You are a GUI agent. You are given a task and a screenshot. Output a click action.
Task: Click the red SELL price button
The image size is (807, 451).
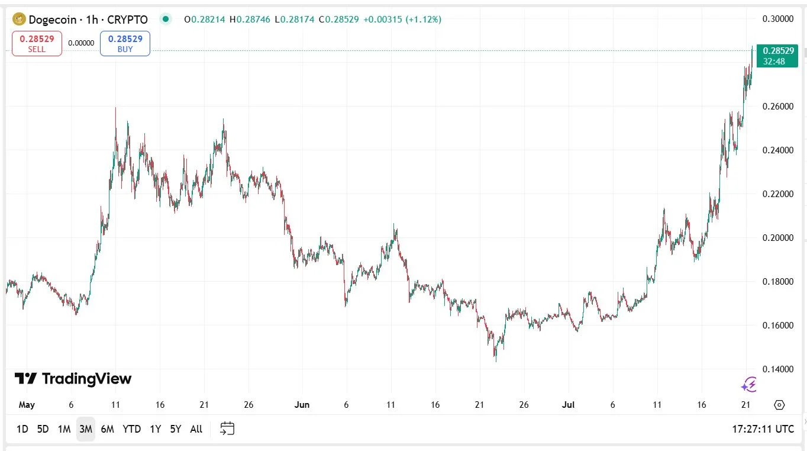[x=37, y=44]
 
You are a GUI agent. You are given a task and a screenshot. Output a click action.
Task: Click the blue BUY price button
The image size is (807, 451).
[x=125, y=44]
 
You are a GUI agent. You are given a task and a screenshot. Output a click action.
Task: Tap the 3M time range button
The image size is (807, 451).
[x=85, y=429]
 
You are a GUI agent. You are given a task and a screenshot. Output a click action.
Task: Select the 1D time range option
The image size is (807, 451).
[x=22, y=429]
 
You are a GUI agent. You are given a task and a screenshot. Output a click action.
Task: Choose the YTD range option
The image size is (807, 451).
[x=131, y=429]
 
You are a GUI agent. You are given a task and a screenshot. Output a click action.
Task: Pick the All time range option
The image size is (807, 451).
[x=196, y=429]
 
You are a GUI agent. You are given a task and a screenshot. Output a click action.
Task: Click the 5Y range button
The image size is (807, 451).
[x=176, y=429]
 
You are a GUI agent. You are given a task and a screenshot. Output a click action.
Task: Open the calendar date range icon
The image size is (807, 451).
[x=227, y=429]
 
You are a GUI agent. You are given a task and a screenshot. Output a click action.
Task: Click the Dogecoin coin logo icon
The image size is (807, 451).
[x=19, y=20]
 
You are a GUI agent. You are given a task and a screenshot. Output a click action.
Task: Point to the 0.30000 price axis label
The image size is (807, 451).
[x=777, y=19]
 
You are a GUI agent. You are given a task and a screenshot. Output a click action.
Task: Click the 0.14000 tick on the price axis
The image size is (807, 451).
[x=777, y=369]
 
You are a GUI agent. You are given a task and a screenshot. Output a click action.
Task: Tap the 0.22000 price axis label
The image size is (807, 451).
[x=777, y=194]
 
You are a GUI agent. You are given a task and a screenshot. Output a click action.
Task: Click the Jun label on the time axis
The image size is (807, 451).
[x=302, y=405]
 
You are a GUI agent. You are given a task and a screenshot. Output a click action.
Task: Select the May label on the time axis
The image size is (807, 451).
[x=27, y=405]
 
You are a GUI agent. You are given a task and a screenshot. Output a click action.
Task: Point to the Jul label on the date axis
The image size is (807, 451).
[x=568, y=405]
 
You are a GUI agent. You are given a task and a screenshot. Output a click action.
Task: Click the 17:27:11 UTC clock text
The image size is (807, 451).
[x=763, y=429]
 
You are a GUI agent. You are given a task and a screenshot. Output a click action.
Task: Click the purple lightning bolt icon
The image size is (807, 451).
[x=749, y=385]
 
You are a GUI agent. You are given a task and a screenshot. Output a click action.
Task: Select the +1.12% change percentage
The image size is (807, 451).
[x=424, y=20]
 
